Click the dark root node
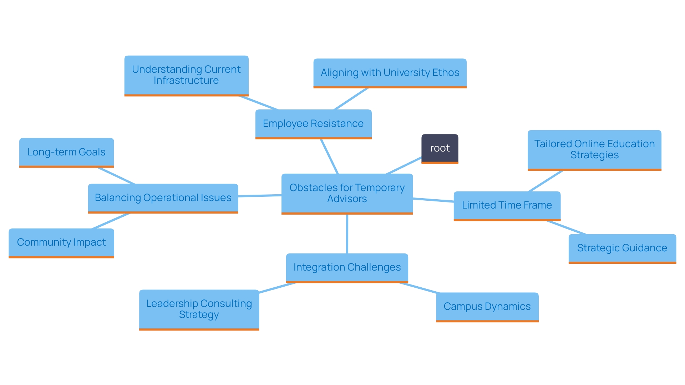pyautogui.click(x=440, y=148)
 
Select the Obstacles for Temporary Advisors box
pyautogui.click(x=347, y=193)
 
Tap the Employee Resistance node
pyautogui.click(x=313, y=124)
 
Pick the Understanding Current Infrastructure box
pyautogui.click(x=186, y=75)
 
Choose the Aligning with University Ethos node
pyautogui.click(x=390, y=73)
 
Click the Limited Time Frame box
pyautogui.click(x=507, y=205)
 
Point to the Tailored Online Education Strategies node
pyautogui.click(x=594, y=149)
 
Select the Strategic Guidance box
pyautogui.click(x=622, y=248)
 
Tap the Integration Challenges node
pyautogui.click(x=347, y=267)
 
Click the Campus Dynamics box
pyautogui.click(x=487, y=307)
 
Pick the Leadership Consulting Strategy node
pyautogui.click(x=199, y=309)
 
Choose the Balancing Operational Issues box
pyautogui.click(x=163, y=198)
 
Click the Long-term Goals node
pyautogui.click(x=66, y=152)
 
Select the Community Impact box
pyautogui.click(x=61, y=242)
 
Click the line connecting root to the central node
pyautogui.click(x=404, y=165)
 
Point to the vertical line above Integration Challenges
pyautogui.click(x=347, y=234)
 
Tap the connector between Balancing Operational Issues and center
pyautogui.click(x=260, y=196)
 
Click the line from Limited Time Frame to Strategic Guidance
pyautogui.click(x=566, y=227)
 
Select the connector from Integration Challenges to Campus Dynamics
pyautogui.click(x=418, y=288)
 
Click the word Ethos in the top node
pyautogui.click(x=446, y=73)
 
